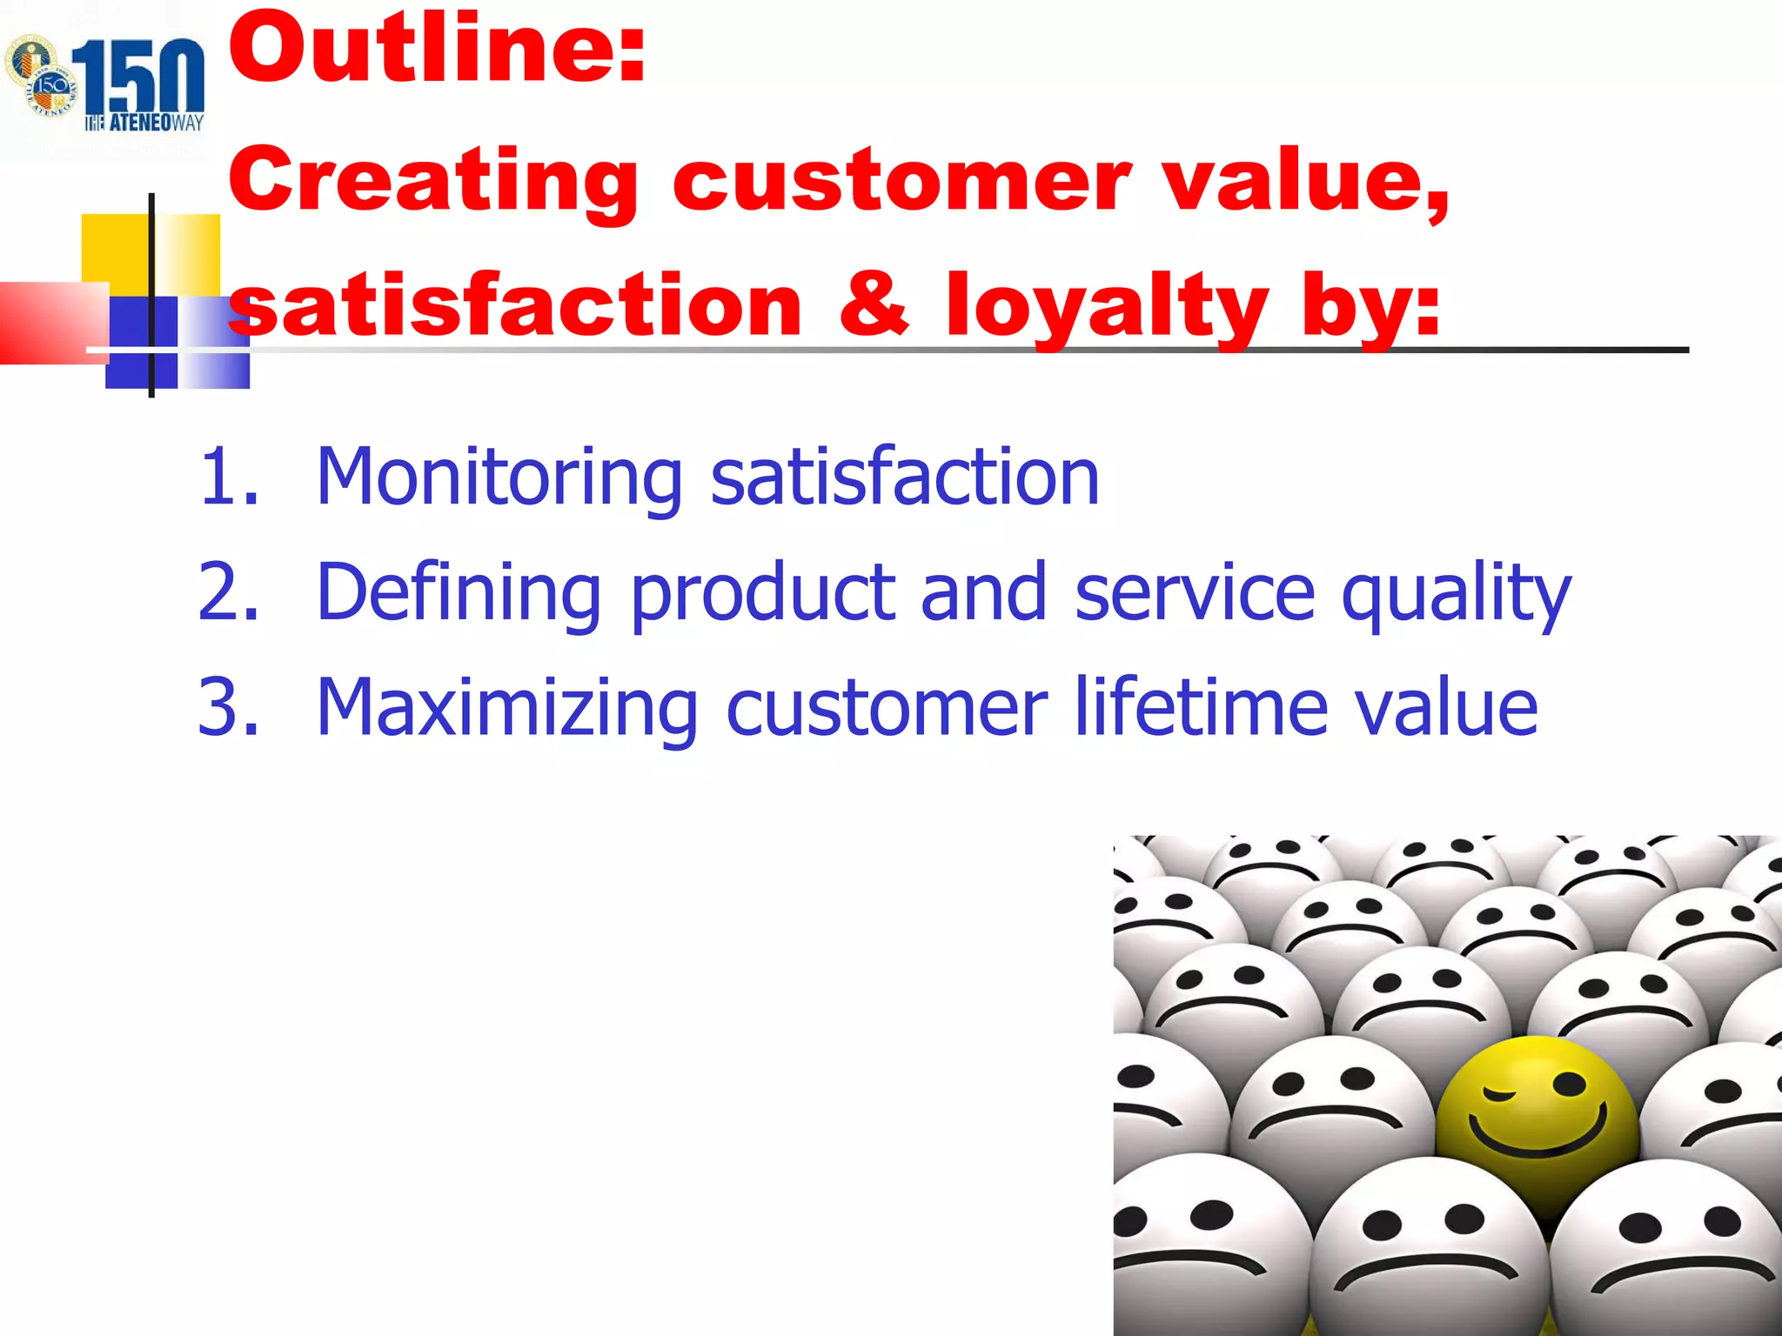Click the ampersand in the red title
pos(874,304)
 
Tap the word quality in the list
pos(1456,595)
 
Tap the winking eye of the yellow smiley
pos(1499,1091)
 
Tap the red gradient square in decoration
pos(52,322)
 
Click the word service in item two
pos(1195,592)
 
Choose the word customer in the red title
pos(901,181)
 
